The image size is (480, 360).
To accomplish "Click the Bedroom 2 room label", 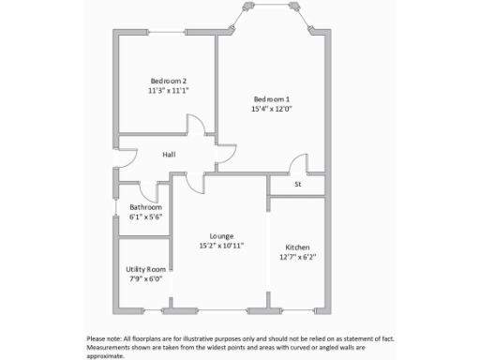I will (168, 80).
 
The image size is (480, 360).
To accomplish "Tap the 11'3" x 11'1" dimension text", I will (168, 91).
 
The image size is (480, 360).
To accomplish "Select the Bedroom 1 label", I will (272, 99).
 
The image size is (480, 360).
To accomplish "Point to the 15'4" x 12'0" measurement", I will (272, 110).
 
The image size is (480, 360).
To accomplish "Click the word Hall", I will (169, 155).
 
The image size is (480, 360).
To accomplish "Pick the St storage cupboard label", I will (298, 185).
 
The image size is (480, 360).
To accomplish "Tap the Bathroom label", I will (145, 207).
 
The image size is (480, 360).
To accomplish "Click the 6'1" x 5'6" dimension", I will (145, 217).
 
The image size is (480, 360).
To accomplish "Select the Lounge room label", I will (221, 235).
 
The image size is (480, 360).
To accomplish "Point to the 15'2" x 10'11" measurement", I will (221, 246).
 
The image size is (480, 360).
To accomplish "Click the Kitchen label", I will (297, 247).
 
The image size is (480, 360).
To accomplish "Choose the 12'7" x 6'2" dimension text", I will (297, 257).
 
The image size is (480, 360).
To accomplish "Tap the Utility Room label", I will (145, 269).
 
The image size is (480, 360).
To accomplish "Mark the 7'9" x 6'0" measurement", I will (145, 278).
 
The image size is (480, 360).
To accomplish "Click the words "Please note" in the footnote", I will (104, 338).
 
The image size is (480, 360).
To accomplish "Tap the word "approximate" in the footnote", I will (105, 355).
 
